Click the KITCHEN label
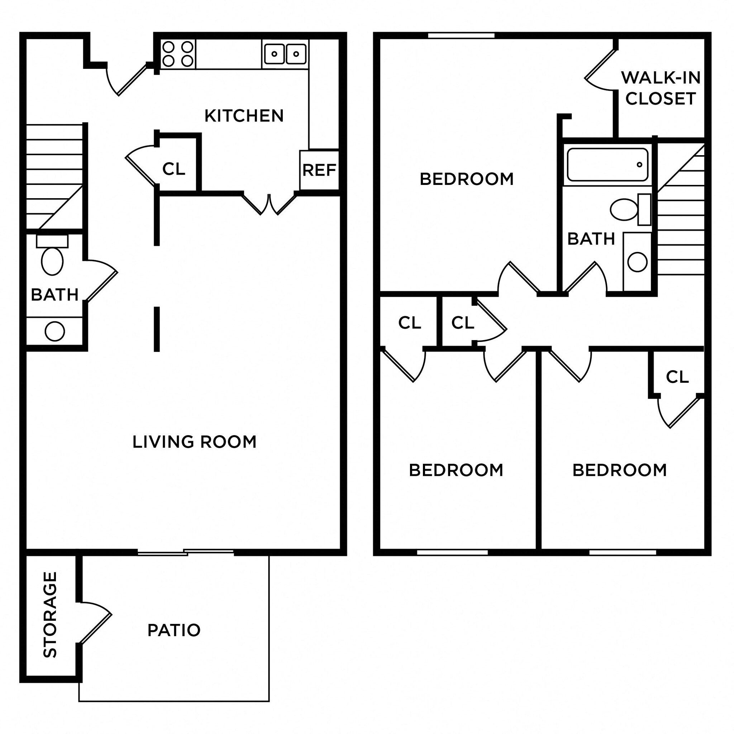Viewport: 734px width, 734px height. [x=244, y=115]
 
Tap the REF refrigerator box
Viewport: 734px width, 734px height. [x=319, y=170]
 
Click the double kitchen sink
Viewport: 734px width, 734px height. [x=285, y=54]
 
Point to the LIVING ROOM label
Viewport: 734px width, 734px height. [x=194, y=442]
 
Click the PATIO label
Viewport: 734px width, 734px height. [x=174, y=630]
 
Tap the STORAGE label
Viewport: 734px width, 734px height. [x=50, y=614]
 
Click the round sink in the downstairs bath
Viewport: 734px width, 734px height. [x=55, y=331]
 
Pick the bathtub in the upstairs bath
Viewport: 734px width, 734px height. [x=607, y=165]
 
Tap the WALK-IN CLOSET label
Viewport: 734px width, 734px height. [x=661, y=88]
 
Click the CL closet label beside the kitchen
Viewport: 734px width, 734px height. [x=173, y=169]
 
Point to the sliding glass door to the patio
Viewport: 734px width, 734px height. [x=185, y=552]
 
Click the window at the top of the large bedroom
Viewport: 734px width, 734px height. [x=461, y=35]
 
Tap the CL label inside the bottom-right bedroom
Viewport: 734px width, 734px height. [x=677, y=377]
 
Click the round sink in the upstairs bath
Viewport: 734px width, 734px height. [x=637, y=262]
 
